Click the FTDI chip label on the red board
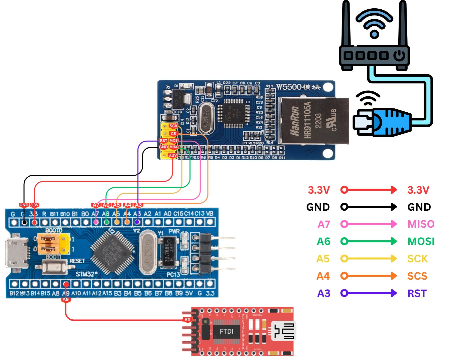(x=227, y=331)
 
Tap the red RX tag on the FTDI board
(x=187, y=319)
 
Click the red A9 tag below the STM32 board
(x=66, y=299)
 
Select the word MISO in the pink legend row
(x=421, y=224)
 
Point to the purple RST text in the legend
(x=417, y=293)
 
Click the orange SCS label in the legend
(x=417, y=276)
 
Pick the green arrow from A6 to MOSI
(x=369, y=241)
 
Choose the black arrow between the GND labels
(x=369, y=207)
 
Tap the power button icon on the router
(x=399, y=55)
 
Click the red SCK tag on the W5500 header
(x=173, y=126)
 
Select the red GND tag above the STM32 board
(x=24, y=205)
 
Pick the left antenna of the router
(x=346, y=23)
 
